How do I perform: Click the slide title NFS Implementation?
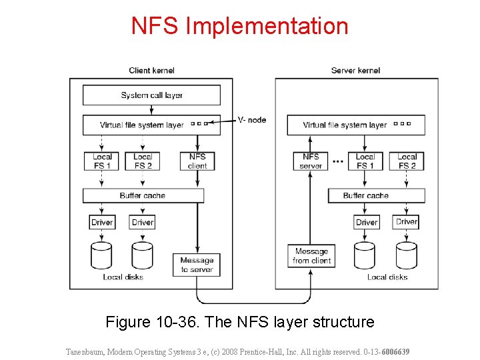239,26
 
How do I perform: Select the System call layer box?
151,95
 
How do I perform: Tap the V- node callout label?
252,120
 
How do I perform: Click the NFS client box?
197,161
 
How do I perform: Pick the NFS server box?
311,161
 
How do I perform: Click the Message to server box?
197,265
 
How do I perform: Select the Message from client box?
311,256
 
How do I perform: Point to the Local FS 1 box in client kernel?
102,161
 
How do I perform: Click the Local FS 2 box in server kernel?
407,161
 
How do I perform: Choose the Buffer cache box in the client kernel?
143,195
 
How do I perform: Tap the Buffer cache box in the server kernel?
376,195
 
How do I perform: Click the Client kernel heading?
153,71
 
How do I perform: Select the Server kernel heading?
355,71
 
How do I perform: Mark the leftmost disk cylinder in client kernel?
102,255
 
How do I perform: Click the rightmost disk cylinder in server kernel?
406,255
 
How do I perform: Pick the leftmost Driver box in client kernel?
102,222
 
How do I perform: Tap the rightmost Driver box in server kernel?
406,222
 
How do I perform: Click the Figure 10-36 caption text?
240,322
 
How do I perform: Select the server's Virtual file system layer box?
356,125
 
